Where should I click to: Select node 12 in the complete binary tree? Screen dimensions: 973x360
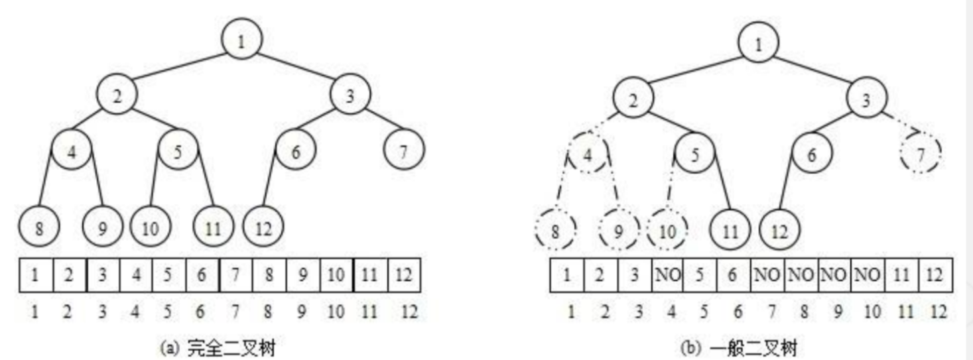tap(263, 229)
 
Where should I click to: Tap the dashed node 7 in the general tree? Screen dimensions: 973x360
tap(921, 154)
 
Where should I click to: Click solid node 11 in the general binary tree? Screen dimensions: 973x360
tap(730, 231)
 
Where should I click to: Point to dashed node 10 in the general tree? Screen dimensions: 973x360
tap(667, 231)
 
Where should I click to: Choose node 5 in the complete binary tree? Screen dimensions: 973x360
tap(178, 151)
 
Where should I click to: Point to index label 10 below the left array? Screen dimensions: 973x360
tap(336, 311)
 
